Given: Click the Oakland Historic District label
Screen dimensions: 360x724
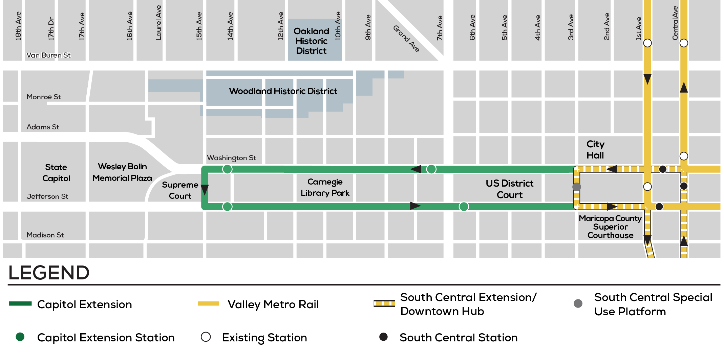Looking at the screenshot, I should pos(311,41).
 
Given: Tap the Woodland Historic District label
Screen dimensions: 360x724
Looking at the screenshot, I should pos(283,91).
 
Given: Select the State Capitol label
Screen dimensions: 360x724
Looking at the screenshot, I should pos(56,173).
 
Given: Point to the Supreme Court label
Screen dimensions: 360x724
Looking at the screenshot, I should pos(180,190).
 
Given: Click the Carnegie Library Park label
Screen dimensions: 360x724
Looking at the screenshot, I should pos(325,187).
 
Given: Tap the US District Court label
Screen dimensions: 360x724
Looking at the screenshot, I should pos(509,189).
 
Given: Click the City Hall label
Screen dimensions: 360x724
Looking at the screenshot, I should pos(595,150).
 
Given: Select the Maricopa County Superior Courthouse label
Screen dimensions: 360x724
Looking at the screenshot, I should pos(610,227).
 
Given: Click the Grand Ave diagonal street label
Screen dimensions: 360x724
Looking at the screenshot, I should pos(406,39).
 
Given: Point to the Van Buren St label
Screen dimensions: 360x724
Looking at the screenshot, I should pos(48,55).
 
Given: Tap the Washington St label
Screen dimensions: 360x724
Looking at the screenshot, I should pos(231,158).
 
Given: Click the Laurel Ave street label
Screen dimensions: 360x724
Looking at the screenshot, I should pos(158,23).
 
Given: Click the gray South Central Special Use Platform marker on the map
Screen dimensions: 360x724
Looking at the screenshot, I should pos(576,187).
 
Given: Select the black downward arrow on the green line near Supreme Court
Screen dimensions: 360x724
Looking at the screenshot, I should pos(205,190).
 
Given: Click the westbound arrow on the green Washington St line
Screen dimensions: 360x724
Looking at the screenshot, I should pos(416,169).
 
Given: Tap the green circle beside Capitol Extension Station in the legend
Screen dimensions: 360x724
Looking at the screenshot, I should pos(20,337).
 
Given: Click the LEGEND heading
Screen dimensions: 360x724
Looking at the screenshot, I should pos(49,273).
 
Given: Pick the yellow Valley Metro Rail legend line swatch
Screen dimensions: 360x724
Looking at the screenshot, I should pos(208,303).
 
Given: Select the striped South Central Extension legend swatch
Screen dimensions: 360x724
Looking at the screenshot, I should pos(384,303).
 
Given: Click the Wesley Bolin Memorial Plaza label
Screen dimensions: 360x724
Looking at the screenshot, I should pos(122,172).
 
